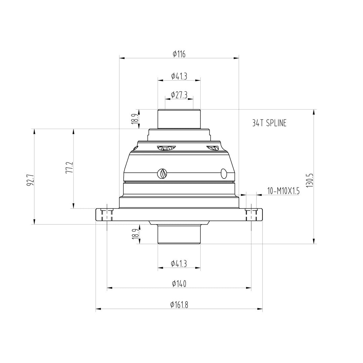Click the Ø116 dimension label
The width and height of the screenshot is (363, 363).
click(179, 54)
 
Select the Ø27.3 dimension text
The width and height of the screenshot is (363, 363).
click(179, 95)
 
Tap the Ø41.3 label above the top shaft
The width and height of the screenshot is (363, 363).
click(179, 76)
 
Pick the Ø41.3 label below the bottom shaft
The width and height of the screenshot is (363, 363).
click(179, 264)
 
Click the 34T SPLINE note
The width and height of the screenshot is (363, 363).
click(269, 123)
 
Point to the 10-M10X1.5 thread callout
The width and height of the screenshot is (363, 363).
click(283, 191)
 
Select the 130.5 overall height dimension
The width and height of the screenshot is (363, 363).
click(310, 180)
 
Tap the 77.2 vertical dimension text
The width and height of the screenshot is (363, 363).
click(69, 167)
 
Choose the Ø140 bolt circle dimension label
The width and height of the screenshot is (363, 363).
click(179, 284)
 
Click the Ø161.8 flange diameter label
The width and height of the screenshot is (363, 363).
click(179, 305)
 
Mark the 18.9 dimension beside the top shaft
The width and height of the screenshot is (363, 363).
click(135, 119)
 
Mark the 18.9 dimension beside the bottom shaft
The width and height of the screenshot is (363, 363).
click(135, 234)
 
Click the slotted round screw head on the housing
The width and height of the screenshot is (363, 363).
click(162, 174)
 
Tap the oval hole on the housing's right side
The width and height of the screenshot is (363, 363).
click(224, 173)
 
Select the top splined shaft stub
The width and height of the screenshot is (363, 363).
click(179, 119)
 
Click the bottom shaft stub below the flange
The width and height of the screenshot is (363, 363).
click(179, 234)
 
